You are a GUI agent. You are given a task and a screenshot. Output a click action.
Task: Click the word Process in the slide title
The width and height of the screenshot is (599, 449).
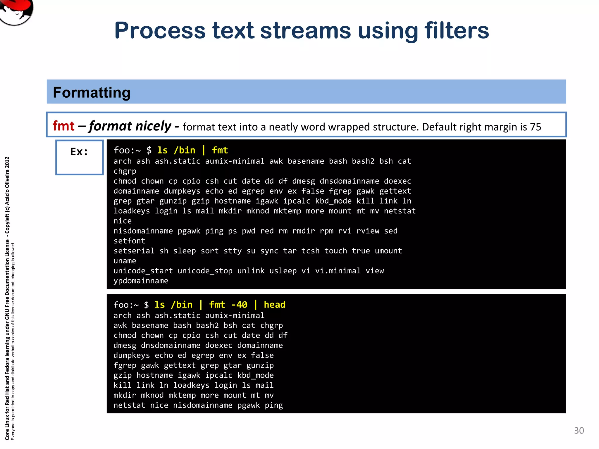click(x=160, y=31)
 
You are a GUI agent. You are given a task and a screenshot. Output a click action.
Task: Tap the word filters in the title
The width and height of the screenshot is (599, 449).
click(x=457, y=31)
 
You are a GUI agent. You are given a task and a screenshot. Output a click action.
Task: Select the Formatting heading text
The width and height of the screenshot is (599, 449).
click(x=92, y=93)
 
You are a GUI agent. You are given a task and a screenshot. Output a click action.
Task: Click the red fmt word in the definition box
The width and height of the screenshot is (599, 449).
click(x=63, y=126)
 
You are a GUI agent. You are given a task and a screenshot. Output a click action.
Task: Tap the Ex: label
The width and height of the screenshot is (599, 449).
click(x=79, y=152)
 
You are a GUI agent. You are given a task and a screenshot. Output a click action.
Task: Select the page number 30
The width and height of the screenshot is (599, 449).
click(x=579, y=431)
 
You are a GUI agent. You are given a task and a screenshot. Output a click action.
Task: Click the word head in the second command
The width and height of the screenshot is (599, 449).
click(x=274, y=305)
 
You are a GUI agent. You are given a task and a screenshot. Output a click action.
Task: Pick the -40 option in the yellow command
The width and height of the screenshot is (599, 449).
click(x=239, y=305)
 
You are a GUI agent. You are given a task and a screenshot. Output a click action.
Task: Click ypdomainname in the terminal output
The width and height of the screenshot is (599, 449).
click(x=141, y=281)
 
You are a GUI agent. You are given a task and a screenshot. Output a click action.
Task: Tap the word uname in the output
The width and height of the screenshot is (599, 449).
click(x=125, y=261)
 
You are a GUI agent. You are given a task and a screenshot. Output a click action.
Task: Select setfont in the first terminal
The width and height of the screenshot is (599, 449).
click(x=129, y=241)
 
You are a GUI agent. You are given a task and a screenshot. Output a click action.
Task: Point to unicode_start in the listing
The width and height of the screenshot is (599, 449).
click(x=143, y=271)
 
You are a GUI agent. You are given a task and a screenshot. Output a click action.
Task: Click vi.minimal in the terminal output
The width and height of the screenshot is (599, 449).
click(x=338, y=271)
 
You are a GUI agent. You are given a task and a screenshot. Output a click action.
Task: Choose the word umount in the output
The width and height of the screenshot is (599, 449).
click(x=388, y=251)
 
